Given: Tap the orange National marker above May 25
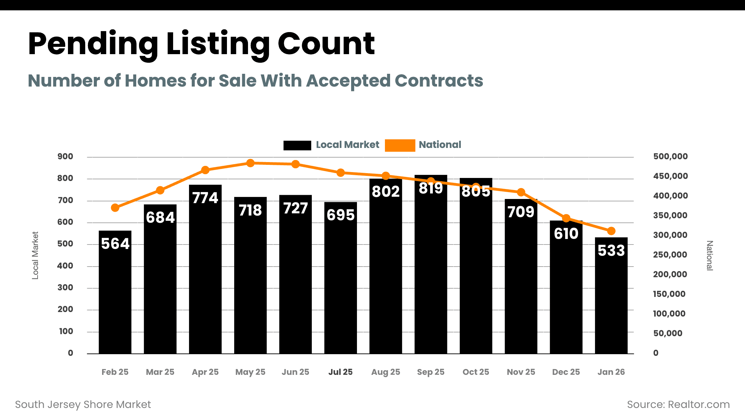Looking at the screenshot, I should click(250, 163).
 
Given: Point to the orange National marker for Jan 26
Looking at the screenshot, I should click(611, 231).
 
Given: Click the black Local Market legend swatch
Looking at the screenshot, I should click(297, 145).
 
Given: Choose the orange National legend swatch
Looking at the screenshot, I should click(400, 145).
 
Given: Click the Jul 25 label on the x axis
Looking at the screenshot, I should click(340, 372).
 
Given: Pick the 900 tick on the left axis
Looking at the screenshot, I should click(65, 157).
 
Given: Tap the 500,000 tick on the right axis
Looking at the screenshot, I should click(670, 157).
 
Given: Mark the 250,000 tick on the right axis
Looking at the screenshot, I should click(670, 255).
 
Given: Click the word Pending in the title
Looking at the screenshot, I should click(93, 44).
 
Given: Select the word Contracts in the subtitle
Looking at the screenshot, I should click(439, 81).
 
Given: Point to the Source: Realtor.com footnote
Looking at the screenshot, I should click(678, 405).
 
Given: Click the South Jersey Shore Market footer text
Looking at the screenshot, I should click(83, 405).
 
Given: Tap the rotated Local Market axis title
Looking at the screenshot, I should click(35, 255).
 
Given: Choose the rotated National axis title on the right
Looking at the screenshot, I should click(709, 256).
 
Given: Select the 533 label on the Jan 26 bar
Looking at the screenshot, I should click(611, 251).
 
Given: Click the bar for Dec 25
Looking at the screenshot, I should click(566, 293).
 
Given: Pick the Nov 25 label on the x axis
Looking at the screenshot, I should click(521, 372).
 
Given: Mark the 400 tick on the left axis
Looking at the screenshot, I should click(65, 266).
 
